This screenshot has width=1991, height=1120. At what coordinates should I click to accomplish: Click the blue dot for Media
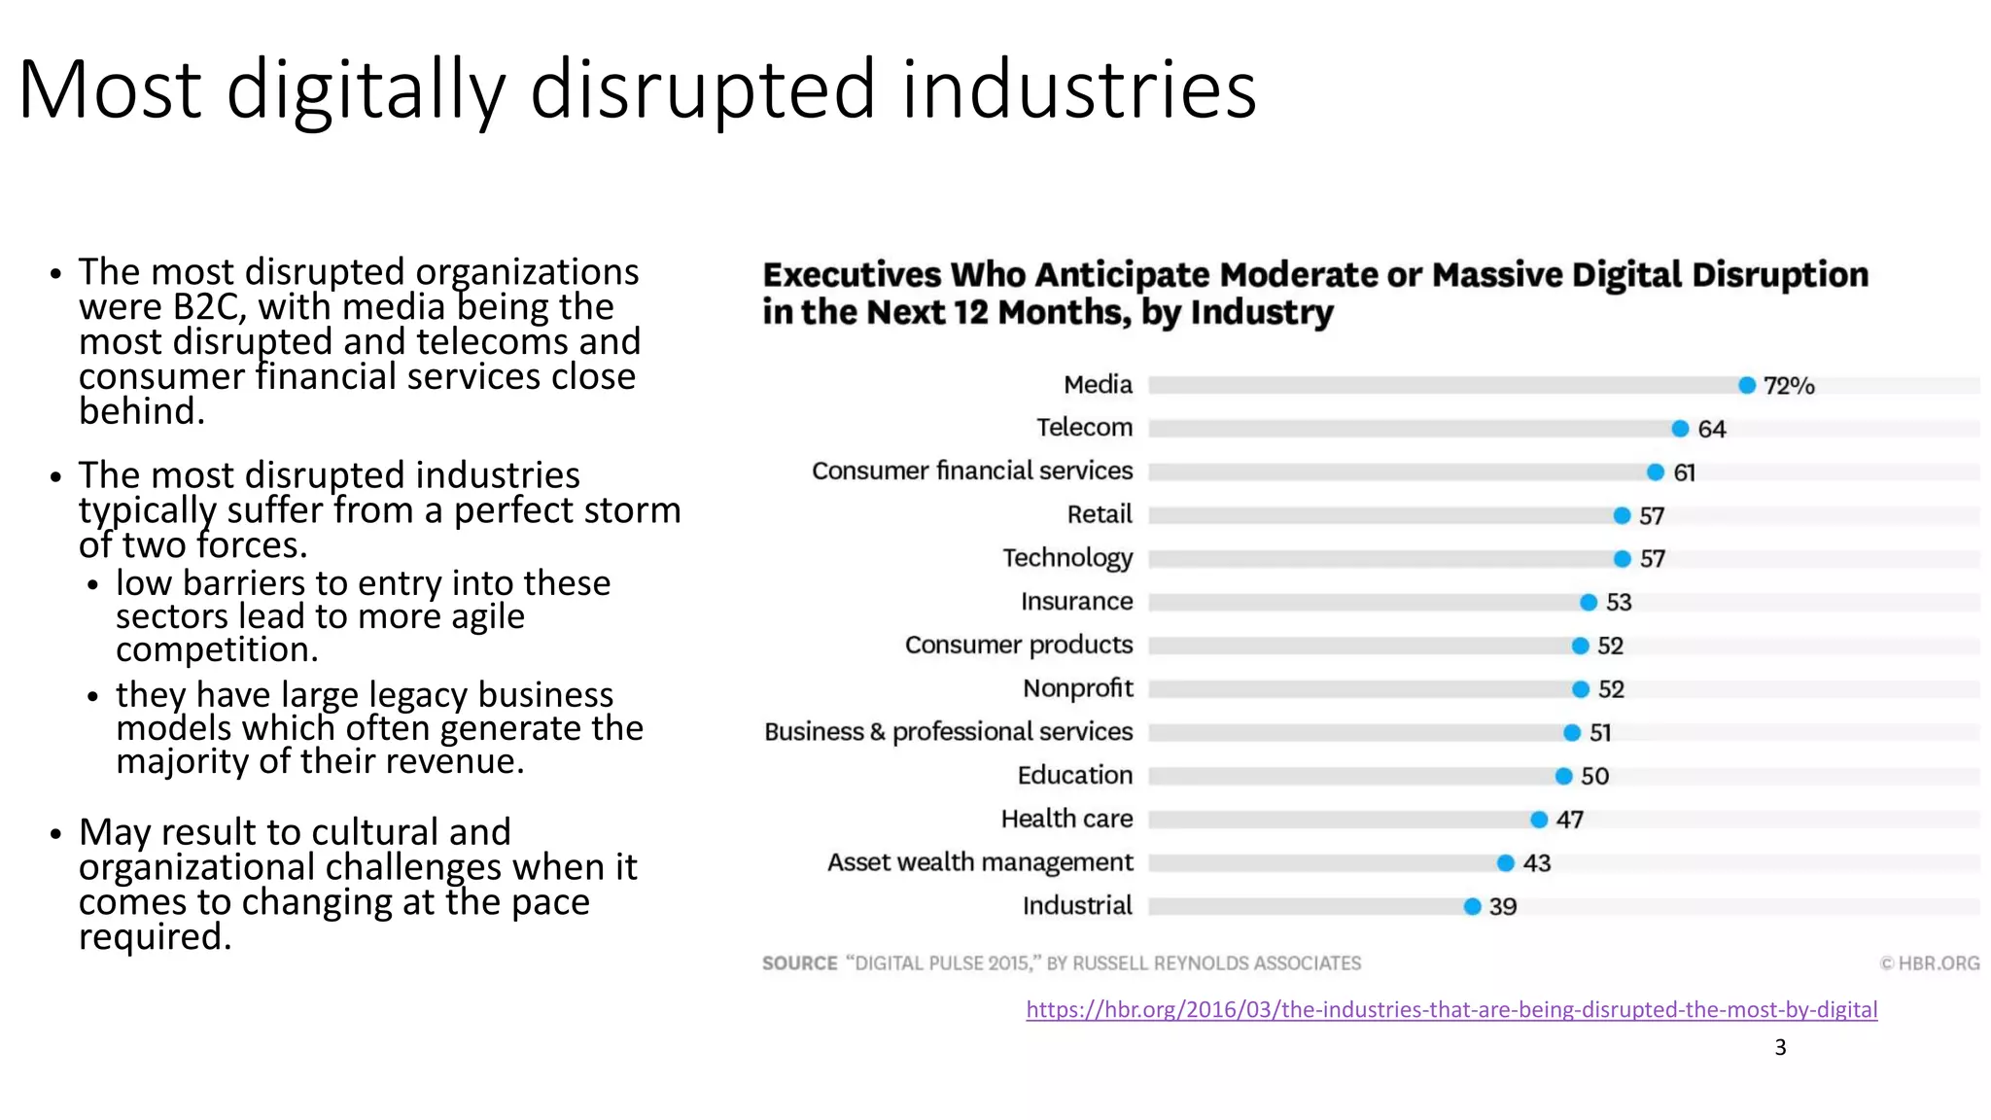point(1747,386)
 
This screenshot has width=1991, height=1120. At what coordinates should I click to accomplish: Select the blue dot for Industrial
point(1472,907)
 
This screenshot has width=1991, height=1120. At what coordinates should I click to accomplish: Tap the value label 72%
point(1789,386)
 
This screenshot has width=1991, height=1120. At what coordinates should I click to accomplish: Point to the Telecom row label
point(1084,428)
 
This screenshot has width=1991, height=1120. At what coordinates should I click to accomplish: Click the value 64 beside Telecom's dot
point(1711,430)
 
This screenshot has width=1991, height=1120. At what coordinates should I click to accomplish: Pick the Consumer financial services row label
point(972,472)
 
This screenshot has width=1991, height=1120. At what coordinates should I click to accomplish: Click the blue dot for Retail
point(1622,516)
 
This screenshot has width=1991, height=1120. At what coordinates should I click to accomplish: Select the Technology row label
point(1067,558)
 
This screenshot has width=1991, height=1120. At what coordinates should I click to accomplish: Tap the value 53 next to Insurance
point(1619,603)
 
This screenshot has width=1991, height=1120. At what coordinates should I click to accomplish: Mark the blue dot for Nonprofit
point(1581,689)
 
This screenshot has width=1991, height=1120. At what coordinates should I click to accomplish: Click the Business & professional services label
point(949,732)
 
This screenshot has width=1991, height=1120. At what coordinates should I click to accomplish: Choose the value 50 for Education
point(1594,777)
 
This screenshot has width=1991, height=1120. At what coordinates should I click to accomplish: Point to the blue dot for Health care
point(1539,820)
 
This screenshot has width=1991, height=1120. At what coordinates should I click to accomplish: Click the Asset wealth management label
point(980,862)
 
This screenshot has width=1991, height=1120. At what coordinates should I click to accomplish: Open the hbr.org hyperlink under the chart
point(1451,1009)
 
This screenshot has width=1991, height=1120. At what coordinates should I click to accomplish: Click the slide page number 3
point(1780,1047)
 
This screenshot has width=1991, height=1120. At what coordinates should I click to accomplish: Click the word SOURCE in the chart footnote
point(799,963)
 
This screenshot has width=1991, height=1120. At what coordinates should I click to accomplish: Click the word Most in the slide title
point(109,90)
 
